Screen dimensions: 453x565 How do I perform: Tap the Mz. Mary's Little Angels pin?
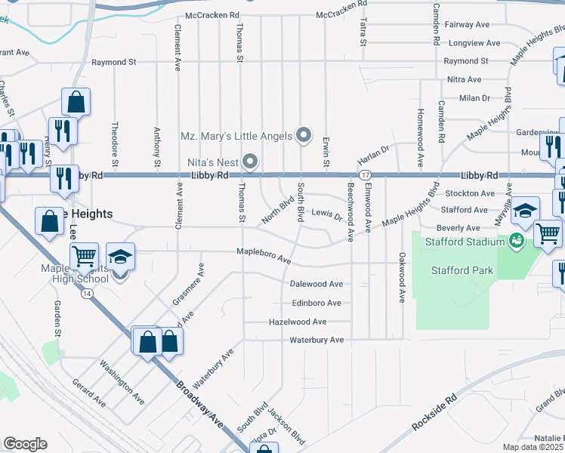(304, 136)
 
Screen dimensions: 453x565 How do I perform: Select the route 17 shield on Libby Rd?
(365, 175)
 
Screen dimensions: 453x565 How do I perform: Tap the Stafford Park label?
(462, 270)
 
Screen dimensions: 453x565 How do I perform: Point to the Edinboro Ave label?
(316, 303)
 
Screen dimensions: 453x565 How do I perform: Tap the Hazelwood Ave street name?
(298, 322)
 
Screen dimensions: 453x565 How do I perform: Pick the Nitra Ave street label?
(464, 79)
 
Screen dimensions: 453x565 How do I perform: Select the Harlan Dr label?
(373, 155)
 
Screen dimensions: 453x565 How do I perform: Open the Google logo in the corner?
(25, 444)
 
